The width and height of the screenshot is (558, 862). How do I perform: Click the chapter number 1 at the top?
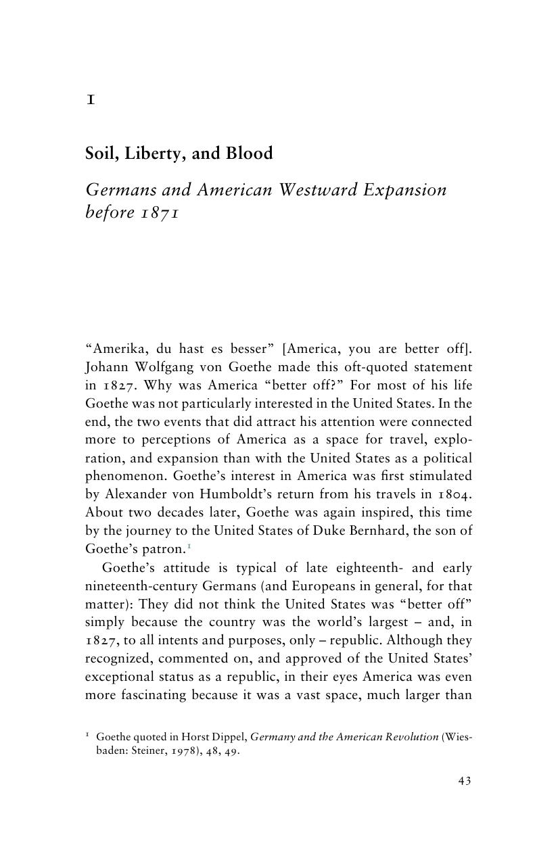90,100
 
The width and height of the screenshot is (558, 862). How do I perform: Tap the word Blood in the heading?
250,153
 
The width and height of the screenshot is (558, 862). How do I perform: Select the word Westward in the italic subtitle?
319,189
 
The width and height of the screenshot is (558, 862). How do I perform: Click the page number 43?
464,781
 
